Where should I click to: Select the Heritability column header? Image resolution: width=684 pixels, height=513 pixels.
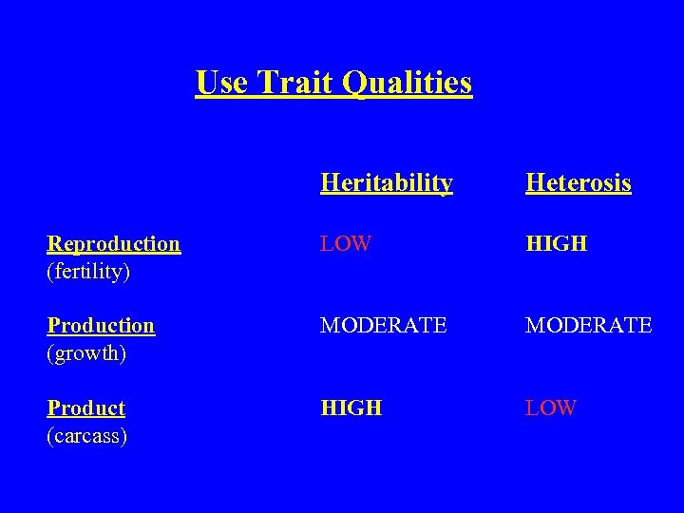click(386, 182)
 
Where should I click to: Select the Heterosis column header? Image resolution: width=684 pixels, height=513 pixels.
click(578, 182)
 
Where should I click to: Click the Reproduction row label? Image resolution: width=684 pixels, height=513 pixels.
click(114, 243)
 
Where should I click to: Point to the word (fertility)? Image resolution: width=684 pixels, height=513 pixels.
click(88, 272)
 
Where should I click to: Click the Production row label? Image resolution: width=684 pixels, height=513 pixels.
click(101, 325)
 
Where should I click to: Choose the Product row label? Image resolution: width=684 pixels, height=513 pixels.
click(86, 408)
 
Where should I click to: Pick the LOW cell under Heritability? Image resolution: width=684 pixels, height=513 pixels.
click(346, 243)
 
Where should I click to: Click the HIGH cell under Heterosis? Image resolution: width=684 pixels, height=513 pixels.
click(557, 243)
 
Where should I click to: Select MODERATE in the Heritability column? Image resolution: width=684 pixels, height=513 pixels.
click(384, 325)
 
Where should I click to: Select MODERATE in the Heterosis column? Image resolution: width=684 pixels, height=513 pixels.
click(589, 325)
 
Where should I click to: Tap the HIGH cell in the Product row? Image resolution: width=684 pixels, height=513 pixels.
click(351, 408)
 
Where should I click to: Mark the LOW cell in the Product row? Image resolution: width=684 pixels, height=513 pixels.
click(551, 408)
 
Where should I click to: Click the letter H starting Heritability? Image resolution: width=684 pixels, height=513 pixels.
click(329, 182)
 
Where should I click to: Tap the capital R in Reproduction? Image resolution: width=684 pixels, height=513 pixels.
click(54, 243)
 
